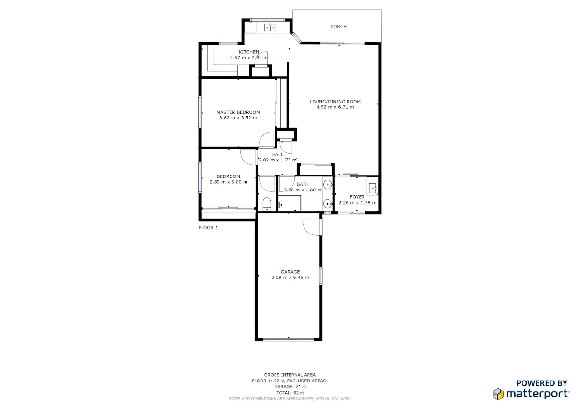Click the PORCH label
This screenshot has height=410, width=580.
pyautogui.click(x=338, y=27)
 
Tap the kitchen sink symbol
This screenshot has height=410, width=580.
pyautogui.click(x=270, y=27)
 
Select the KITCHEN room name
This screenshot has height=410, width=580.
pyautogui.click(x=248, y=52)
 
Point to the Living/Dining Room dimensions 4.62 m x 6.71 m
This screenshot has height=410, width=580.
pyautogui.click(x=335, y=107)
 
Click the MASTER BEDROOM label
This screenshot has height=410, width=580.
pyautogui.click(x=238, y=112)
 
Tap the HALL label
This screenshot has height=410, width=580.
pyautogui.click(x=277, y=154)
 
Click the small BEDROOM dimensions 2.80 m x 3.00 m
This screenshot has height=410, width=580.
pyautogui.click(x=228, y=182)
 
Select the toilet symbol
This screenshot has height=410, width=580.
pyautogui.click(x=267, y=204)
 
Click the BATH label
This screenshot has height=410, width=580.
pyautogui.click(x=303, y=184)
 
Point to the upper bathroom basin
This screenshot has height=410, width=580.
pyautogui.click(x=328, y=184)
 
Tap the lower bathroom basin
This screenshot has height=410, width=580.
pyautogui.click(x=328, y=204)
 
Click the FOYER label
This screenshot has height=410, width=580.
pyautogui.click(x=357, y=197)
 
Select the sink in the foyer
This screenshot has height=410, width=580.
pyautogui.click(x=373, y=186)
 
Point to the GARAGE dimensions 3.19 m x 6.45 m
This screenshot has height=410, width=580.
pyautogui.click(x=290, y=277)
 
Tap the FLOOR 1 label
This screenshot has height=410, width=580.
pyautogui.click(x=208, y=228)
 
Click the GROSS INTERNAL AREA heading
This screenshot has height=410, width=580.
pyautogui.click(x=290, y=375)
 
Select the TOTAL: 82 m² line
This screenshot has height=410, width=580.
pyautogui.click(x=290, y=393)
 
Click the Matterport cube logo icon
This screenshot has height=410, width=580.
pyautogui.click(x=498, y=394)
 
